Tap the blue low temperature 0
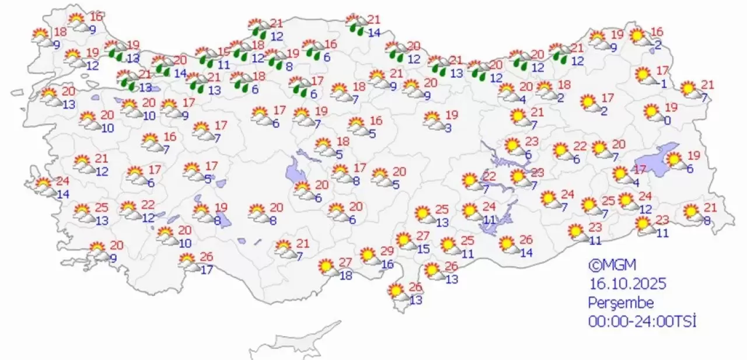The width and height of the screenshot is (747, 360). pos(666,121)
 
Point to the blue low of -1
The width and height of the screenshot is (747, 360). pos(662,83)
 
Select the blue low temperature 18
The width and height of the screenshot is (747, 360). pos(345,275)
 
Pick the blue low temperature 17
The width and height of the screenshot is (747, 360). pos(206,270)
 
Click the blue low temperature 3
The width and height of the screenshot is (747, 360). pos(448,128)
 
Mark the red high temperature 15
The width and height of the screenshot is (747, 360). pos(224,52)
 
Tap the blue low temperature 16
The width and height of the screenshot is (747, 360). pos(388,264)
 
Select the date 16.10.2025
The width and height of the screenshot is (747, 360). pos(627,284)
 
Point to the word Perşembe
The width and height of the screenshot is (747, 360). pos(621,303)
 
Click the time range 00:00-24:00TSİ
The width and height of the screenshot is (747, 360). pos(643,321)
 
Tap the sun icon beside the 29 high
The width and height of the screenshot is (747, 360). pos(368,254)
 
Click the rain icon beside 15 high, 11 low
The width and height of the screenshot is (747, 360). pos(205,57)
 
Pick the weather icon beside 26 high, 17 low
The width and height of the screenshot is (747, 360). pos(187,261)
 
